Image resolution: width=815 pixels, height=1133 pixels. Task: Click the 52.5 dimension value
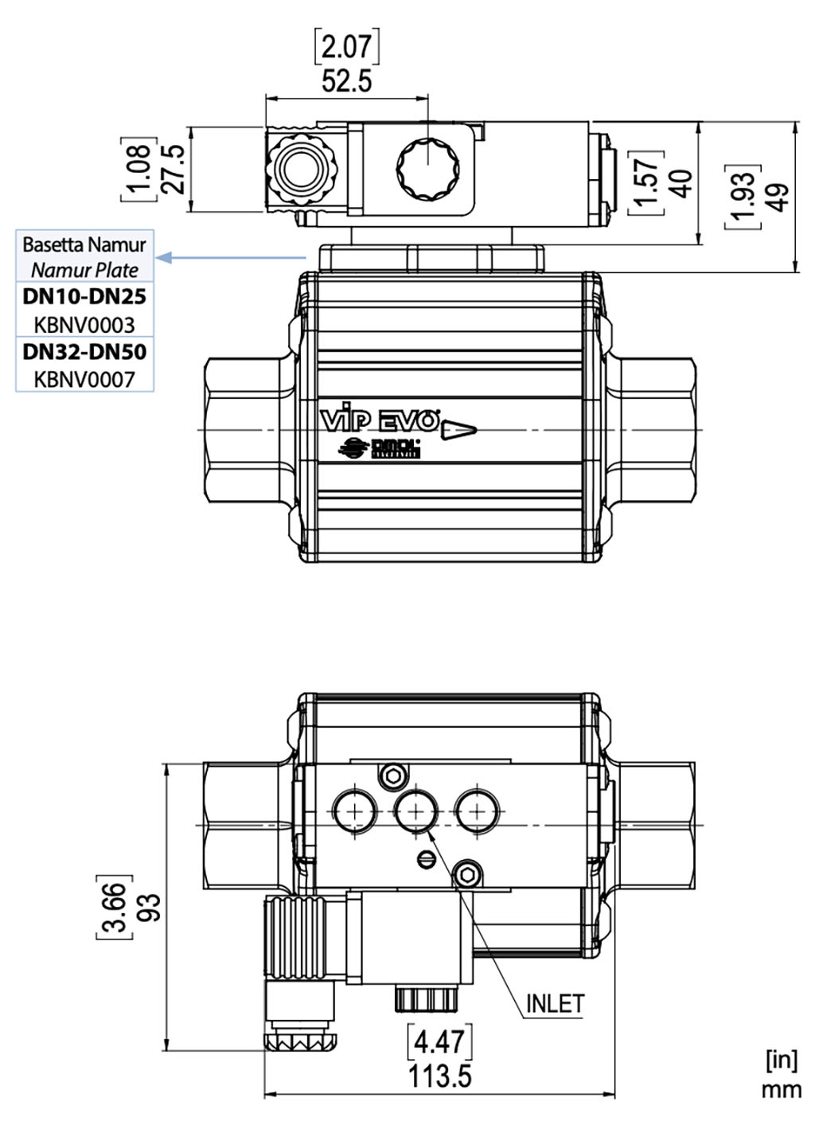point(346,80)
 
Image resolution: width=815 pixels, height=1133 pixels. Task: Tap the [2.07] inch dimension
point(346,47)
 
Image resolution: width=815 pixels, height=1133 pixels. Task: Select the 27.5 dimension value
point(173,169)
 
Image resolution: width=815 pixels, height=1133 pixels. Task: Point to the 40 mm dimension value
point(681,183)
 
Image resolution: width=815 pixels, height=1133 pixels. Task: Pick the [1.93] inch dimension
point(743,197)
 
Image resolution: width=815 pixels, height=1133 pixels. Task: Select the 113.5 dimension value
point(439,1076)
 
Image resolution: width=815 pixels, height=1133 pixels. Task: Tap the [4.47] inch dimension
point(439,1041)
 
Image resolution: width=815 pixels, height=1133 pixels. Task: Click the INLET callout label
point(555,1004)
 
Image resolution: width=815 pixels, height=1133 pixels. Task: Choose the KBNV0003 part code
point(84,325)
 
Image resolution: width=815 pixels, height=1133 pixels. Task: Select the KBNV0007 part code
point(84,380)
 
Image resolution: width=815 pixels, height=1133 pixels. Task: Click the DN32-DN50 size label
point(84,351)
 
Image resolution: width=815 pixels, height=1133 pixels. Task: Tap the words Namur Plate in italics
point(84,269)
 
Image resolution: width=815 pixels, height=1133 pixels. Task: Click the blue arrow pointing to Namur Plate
point(231,257)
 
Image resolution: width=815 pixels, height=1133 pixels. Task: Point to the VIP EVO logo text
point(380,420)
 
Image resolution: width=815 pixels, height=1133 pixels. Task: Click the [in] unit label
point(781,1060)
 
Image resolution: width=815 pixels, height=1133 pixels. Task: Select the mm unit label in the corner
point(781,1089)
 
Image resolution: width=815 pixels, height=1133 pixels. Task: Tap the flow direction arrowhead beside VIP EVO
point(458,431)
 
